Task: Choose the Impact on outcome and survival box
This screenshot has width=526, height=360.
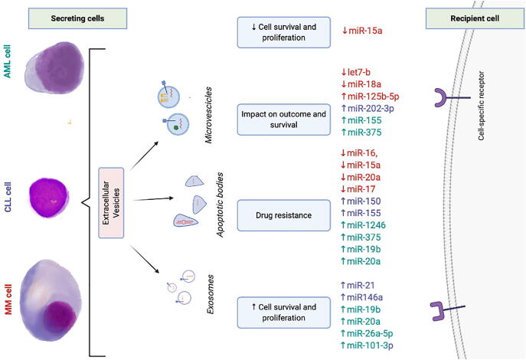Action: pyautogui.click(x=283, y=119)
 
